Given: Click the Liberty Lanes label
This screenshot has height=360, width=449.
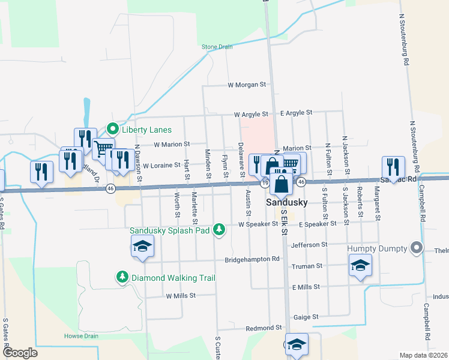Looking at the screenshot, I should click(147, 130).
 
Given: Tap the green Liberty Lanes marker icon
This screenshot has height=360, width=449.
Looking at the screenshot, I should click(112, 129).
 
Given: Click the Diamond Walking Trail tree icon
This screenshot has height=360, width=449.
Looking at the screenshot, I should click(122, 277).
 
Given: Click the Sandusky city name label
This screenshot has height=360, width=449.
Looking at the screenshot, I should click(287, 202).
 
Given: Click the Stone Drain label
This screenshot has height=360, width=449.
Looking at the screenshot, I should click(217, 46).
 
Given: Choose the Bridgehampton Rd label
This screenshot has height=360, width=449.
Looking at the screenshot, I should click(253, 260).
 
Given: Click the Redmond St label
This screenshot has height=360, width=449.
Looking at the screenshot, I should click(265, 328).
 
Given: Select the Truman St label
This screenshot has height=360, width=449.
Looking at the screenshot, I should click(307, 266).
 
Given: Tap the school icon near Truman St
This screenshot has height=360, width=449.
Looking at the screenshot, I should click(360, 265).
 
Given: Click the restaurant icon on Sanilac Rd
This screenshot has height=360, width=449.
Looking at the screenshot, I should click(393, 167).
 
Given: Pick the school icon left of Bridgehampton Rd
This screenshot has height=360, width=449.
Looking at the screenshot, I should click(143, 246).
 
